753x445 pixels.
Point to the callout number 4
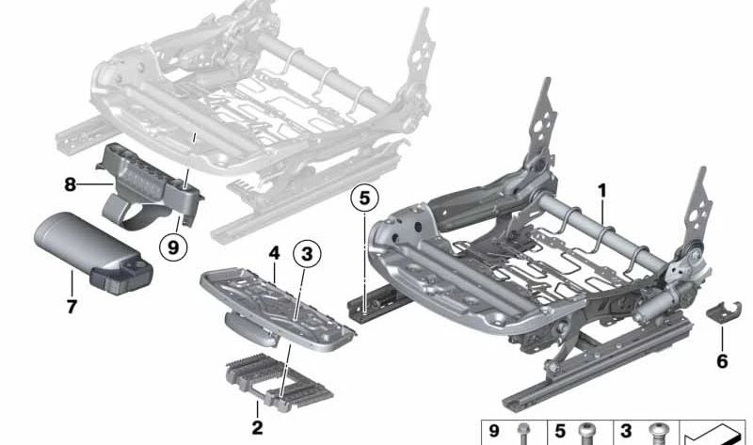(273, 252)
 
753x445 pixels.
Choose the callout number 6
(722, 360)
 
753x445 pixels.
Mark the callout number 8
(70, 185)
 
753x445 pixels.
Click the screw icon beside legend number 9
(523, 435)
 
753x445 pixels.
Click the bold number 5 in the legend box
(559, 434)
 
